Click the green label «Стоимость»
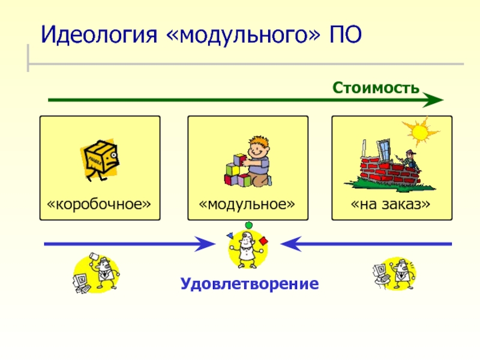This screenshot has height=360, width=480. tap(376, 88)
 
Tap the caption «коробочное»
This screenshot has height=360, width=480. tap(100, 205)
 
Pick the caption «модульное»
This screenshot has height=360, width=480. tap(248, 205)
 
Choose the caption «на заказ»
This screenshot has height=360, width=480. tap(391, 205)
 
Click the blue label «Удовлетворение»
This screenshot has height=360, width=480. tap(248, 283)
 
